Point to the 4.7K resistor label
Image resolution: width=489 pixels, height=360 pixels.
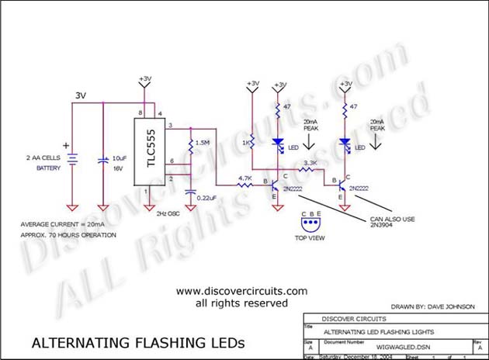pyautogui.click(x=244, y=178)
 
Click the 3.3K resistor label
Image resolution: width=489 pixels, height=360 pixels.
pyautogui.click(x=310, y=163)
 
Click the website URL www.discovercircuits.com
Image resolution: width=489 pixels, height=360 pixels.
pyautogui.click(x=242, y=291)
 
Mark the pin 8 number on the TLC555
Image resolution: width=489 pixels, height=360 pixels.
pyautogui.click(x=140, y=114)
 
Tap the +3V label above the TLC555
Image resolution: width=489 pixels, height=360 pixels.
pyautogui.click(x=144, y=78)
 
